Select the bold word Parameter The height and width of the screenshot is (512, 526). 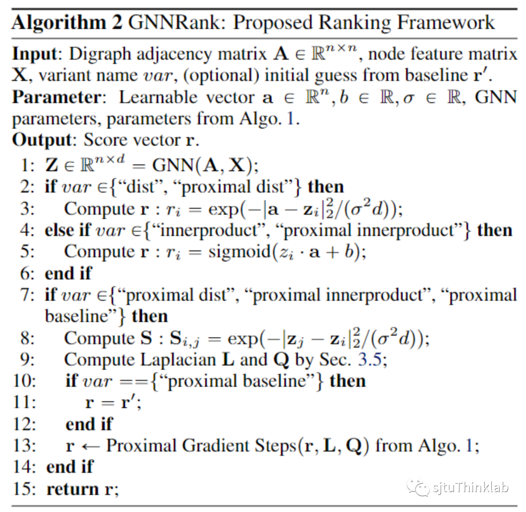57,97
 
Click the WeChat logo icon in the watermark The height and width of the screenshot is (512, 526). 419,486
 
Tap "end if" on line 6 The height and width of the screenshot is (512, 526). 68,273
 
